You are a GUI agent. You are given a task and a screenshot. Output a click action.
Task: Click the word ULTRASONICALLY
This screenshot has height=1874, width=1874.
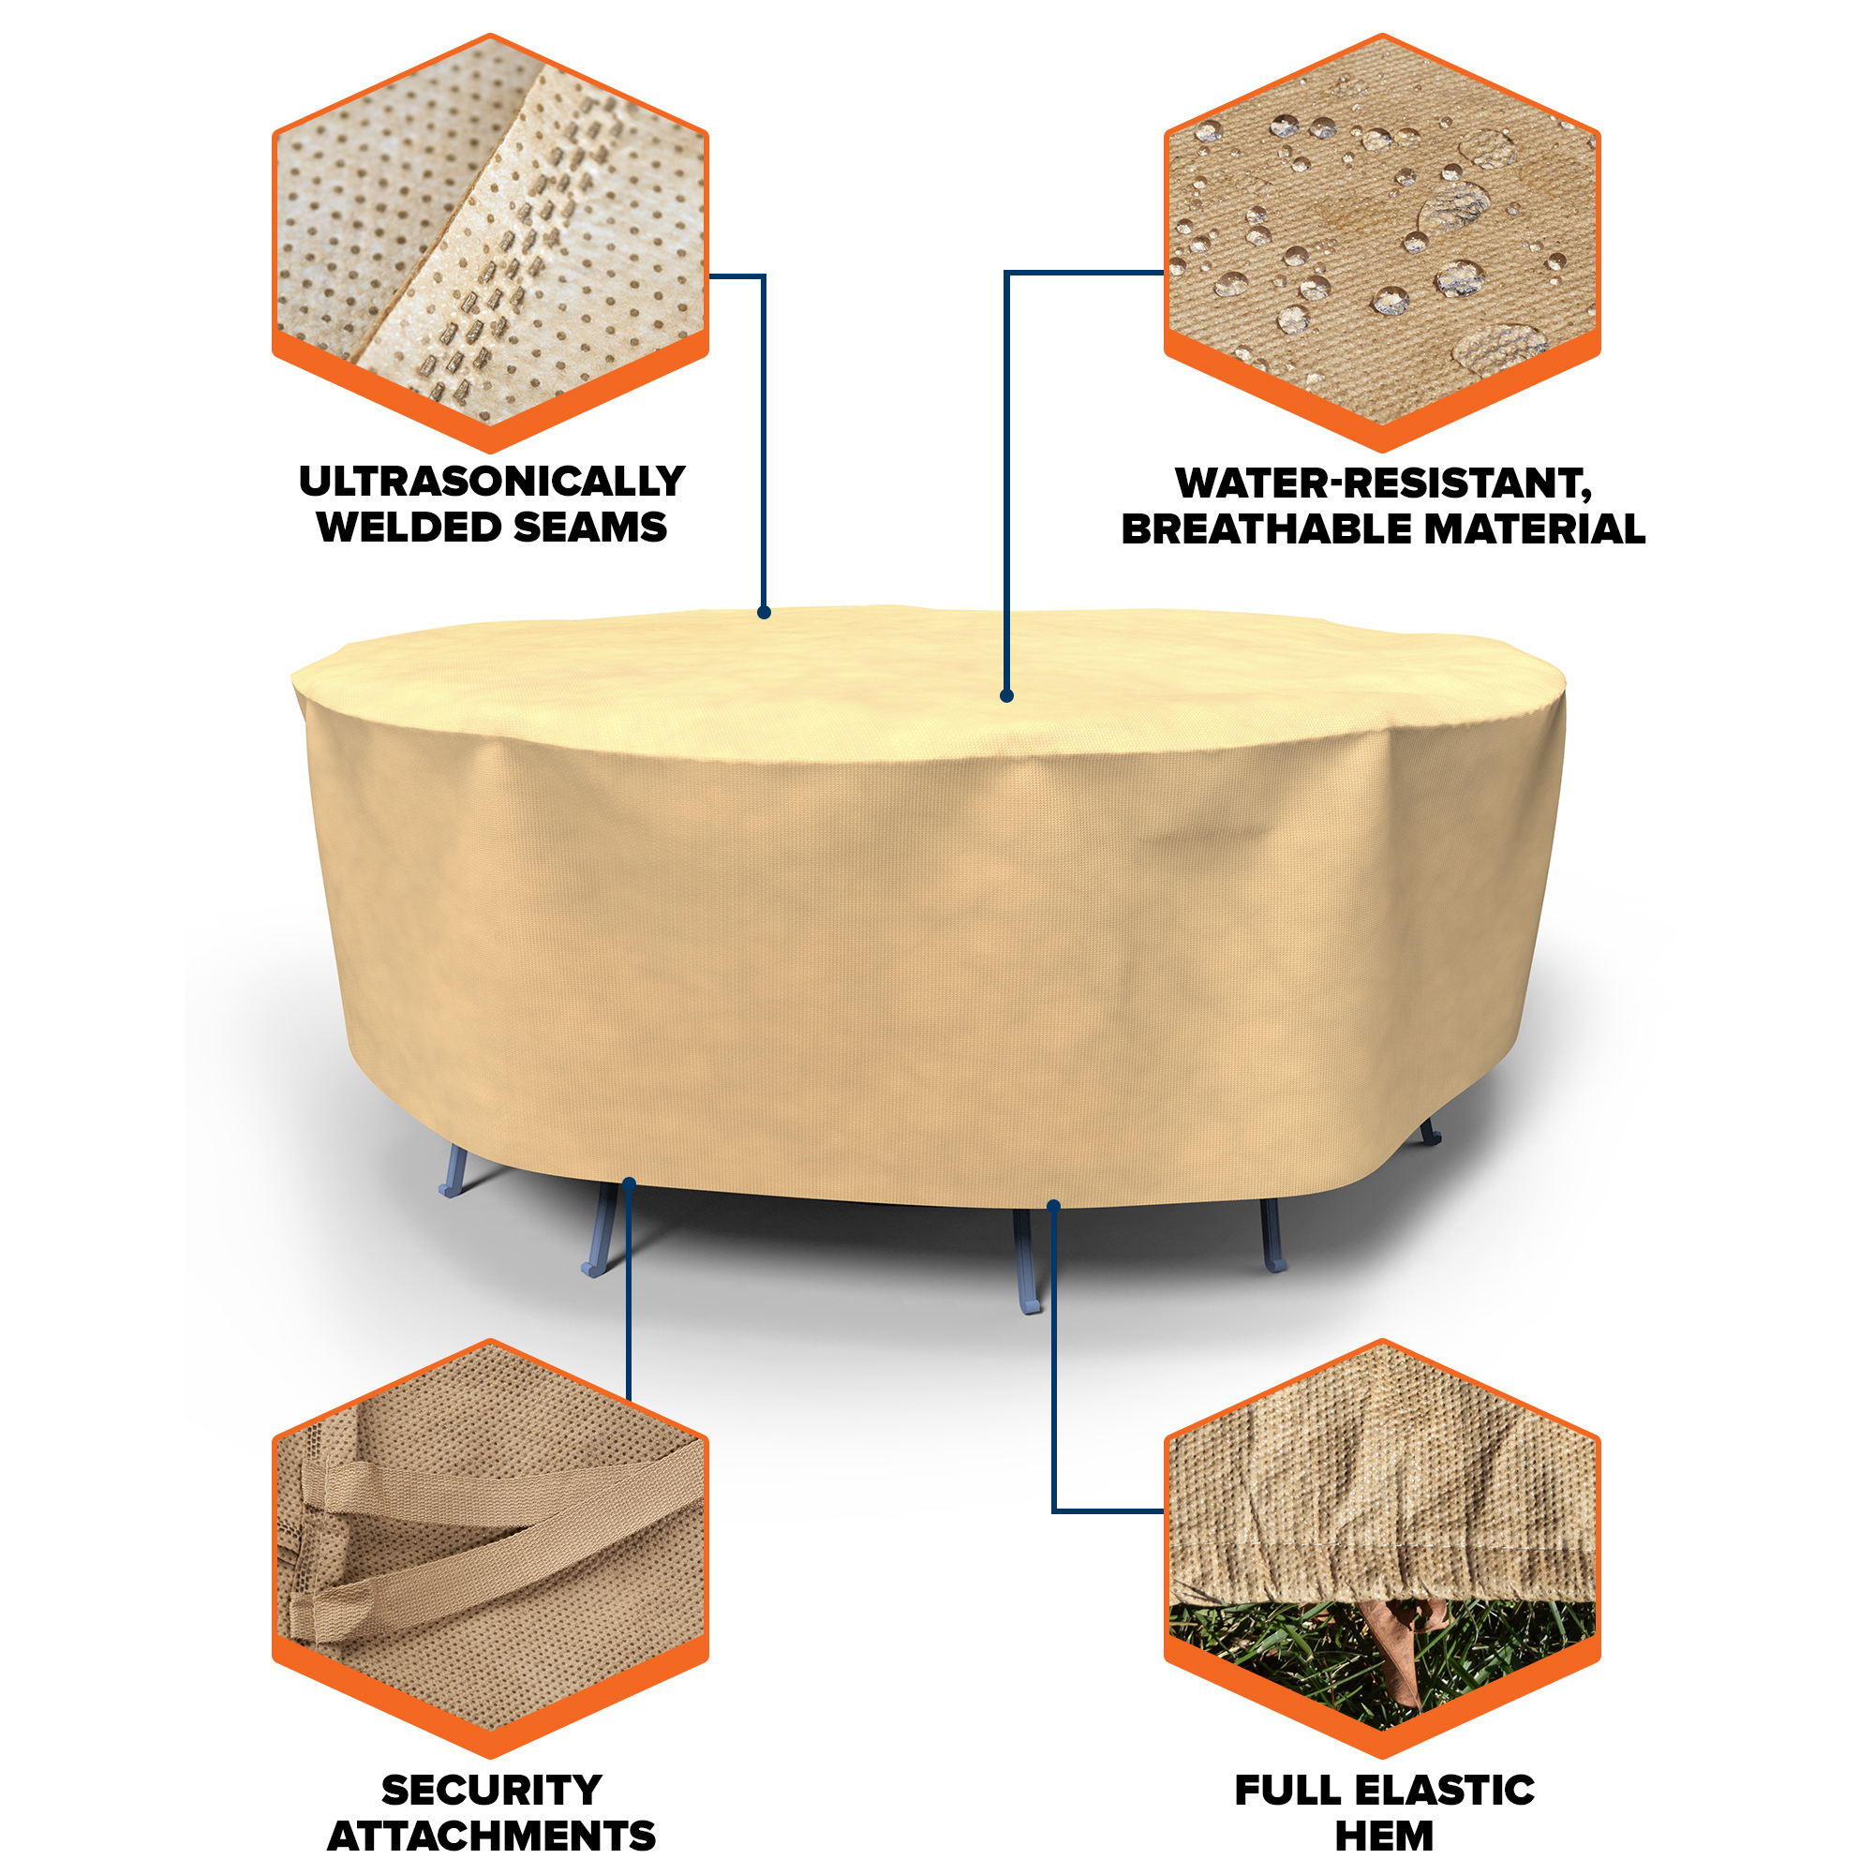(x=492, y=481)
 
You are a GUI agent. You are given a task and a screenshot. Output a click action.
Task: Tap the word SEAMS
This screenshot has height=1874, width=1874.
(x=589, y=528)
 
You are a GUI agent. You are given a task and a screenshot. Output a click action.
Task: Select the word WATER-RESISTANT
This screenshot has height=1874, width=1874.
(x=1381, y=483)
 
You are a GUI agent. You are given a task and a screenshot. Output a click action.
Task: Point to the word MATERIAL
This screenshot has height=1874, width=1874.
(x=1535, y=529)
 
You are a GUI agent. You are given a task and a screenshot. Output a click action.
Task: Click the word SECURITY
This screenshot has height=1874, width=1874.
(x=492, y=1791)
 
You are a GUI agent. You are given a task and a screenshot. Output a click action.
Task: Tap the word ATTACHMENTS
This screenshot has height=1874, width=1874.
(x=492, y=1837)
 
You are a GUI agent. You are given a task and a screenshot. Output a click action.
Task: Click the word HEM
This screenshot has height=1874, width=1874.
(x=1384, y=1837)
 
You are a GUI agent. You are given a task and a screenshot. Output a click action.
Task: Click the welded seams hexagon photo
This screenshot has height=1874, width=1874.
(x=491, y=243)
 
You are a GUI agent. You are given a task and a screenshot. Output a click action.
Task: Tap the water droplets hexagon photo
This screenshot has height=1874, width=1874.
(x=1382, y=243)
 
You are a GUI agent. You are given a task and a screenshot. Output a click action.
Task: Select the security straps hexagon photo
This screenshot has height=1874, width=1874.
(x=491, y=1549)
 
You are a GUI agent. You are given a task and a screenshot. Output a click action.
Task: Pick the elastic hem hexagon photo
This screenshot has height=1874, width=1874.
(x=1382, y=1549)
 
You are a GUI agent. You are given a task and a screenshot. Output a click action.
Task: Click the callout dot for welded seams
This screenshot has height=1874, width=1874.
(x=765, y=612)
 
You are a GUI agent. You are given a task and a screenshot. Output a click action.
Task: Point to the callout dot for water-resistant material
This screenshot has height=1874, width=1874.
(x=1007, y=695)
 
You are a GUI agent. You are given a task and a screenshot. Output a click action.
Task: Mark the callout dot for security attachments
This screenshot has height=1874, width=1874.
(x=630, y=1182)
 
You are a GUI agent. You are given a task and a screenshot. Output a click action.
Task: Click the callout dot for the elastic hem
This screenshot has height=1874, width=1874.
(x=1054, y=1206)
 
